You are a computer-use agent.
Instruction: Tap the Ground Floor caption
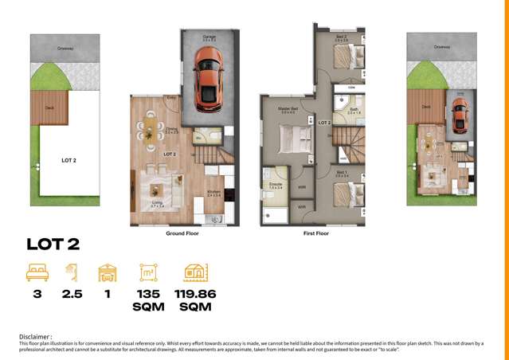tap(182, 233)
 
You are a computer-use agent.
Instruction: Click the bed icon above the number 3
tap(37, 273)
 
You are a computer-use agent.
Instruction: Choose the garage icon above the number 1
tap(107, 273)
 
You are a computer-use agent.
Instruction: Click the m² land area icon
tap(148, 273)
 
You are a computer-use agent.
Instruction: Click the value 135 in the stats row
tap(148, 294)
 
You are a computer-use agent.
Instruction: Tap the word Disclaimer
tap(36, 337)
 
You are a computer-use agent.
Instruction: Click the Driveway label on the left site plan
tap(65, 48)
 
